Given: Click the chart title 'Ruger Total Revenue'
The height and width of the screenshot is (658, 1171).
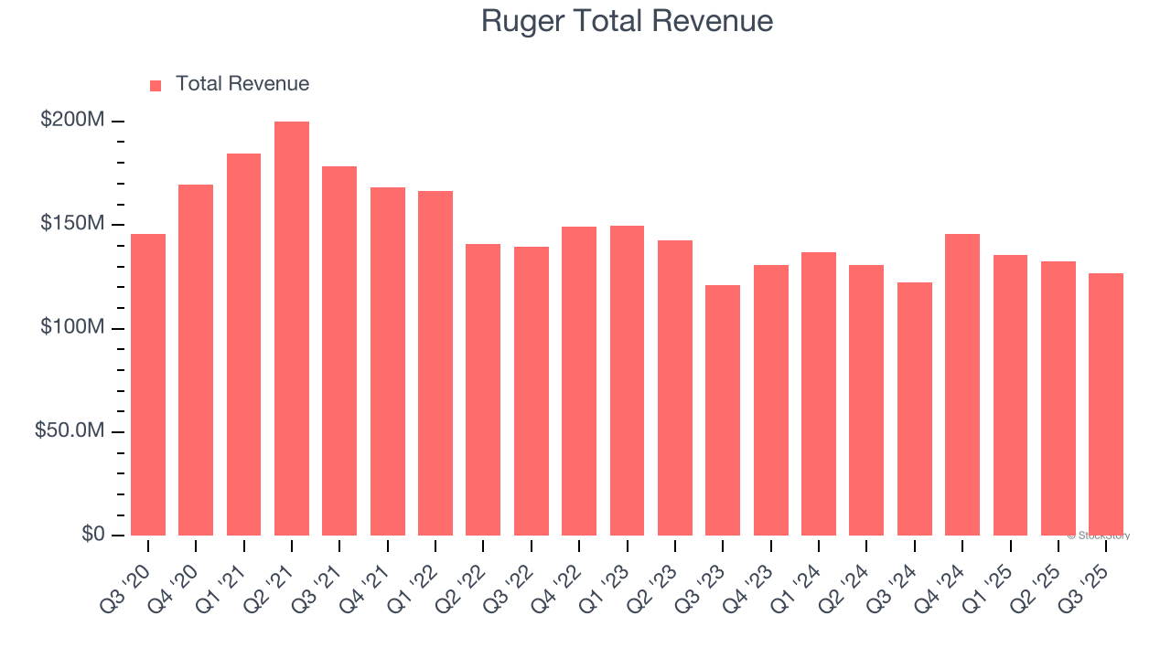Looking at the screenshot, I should pos(627,21).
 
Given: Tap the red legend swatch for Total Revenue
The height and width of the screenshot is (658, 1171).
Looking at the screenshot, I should pos(156,85).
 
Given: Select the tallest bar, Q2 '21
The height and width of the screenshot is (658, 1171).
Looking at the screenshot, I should pos(292,328).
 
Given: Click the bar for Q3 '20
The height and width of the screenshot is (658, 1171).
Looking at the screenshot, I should pos(148,384).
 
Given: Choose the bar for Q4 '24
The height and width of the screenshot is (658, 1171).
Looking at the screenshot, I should pos(962,384).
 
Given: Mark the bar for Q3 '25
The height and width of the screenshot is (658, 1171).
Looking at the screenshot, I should pos(1106,404).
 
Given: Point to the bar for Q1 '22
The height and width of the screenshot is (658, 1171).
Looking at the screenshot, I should pos(435,363).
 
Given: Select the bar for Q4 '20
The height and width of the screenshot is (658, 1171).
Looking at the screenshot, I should pos(196,359).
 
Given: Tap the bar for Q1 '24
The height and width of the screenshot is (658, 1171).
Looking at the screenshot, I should pos(819,393).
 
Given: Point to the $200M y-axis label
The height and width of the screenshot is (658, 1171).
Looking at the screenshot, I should pos(72,121).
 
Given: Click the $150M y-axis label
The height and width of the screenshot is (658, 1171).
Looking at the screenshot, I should pos(72,224).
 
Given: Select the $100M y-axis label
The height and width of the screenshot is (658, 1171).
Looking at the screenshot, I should pos(72,327).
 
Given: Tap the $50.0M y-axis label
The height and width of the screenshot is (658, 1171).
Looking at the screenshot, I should pos(70,430).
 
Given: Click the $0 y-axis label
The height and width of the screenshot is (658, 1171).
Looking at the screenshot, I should pos(93,534).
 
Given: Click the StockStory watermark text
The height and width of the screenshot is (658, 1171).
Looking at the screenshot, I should pos(1101,536).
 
